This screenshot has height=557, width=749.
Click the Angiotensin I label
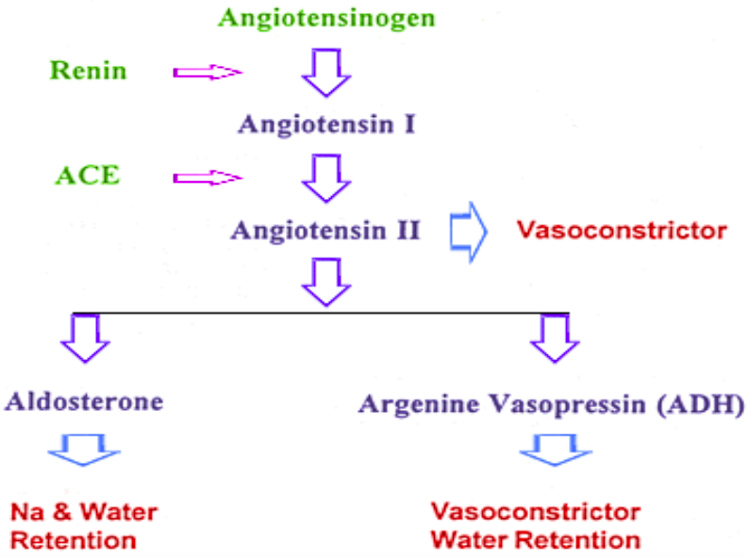click(326, 124)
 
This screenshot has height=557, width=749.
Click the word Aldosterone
click(84, 401)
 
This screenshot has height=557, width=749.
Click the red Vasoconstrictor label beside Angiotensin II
click(621, 229)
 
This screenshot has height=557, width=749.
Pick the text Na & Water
click(83, 513)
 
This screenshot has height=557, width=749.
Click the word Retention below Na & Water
click(74, 541)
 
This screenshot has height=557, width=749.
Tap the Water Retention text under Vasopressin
click(535, 541)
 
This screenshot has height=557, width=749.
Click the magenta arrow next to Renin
click(208, 72)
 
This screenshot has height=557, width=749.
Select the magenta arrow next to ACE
click(208, 176)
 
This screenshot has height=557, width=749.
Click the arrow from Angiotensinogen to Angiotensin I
click(326, 71)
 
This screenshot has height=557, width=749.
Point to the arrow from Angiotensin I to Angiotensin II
click(326, 176)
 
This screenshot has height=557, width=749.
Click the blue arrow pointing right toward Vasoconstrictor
click(469, 229)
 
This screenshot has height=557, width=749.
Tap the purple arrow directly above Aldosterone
click(85, 337)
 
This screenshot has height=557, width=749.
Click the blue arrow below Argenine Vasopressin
click(551, 449)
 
